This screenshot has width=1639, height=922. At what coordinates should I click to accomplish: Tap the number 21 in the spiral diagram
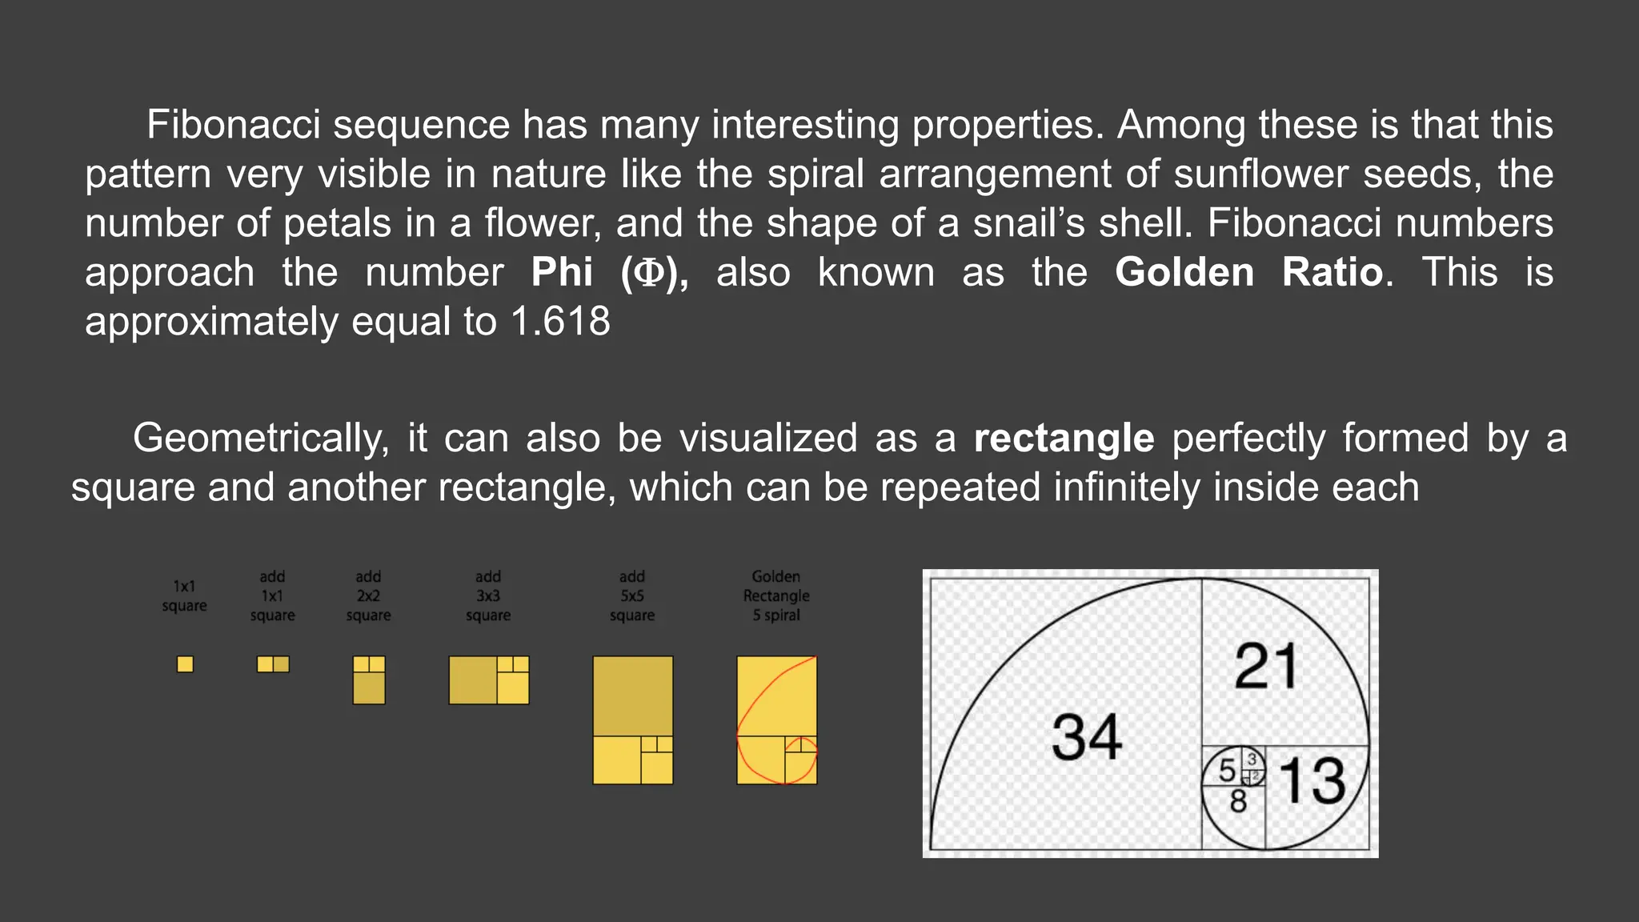[x=1265, y=666]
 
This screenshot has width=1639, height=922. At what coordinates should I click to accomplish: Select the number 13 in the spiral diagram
[x=1312, y=780]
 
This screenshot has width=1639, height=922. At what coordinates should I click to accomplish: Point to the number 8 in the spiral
[x=1238, y=800]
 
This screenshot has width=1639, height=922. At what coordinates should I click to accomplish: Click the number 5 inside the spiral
[x=1227, y=770]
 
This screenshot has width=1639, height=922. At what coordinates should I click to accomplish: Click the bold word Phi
[x=562, y=272]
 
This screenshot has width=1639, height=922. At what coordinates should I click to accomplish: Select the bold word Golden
[x=1184, y=272]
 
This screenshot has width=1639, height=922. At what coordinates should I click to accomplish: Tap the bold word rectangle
[x=1064, y=439]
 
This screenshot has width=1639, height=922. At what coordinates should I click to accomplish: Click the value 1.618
[x=560, y=322]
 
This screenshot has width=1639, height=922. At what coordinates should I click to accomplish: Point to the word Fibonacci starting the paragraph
[x=234, y=125]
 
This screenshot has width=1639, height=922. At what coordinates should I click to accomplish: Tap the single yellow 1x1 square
[x=185, y=664]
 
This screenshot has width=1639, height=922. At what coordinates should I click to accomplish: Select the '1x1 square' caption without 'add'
[x=184, y=596]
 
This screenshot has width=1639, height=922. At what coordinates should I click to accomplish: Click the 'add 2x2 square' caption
[x=368, y=596]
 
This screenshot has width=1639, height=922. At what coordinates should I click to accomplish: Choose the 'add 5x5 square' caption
[x=632, y=596]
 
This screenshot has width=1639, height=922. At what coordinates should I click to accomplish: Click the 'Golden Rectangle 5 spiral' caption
[x=776, y=596]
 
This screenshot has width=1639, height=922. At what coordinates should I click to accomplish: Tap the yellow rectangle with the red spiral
[x=777, y=720]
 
